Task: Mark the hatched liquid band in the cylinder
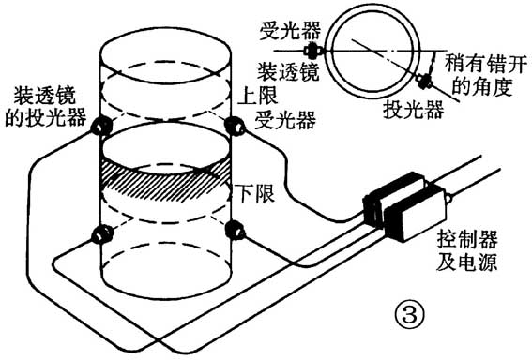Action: pos(166,179)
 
